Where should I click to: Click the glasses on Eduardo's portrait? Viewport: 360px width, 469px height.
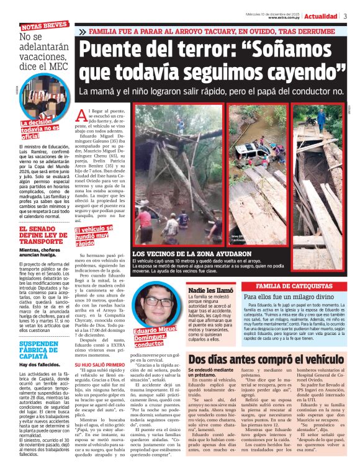(160, 302)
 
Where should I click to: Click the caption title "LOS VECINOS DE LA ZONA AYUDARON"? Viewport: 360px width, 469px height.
(192, 254)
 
